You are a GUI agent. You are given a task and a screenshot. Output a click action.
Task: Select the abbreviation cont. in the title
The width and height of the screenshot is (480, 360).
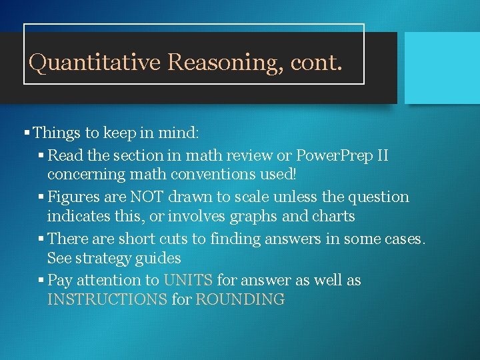[317, 63]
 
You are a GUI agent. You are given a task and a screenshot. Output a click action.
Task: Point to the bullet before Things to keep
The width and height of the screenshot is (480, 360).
[27, 133]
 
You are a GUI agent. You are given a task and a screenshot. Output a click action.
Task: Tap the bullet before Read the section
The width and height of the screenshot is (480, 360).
[41, 156]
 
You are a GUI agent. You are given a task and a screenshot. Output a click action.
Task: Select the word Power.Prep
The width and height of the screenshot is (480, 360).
[331, 156]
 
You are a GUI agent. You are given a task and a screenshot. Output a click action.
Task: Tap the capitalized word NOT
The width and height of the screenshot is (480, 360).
[149, 197]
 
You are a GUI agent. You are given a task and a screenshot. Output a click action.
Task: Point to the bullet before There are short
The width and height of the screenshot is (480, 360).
[41, 239]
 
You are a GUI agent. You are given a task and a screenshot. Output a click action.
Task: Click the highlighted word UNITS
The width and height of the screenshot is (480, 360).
[187, 280]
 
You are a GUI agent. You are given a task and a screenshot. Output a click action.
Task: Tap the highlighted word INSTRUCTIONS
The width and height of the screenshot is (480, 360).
[107, 299]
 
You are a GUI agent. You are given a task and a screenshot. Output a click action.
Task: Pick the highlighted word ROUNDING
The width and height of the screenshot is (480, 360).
[240, 299]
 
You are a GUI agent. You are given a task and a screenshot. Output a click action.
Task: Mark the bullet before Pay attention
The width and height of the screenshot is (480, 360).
[41, 280]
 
